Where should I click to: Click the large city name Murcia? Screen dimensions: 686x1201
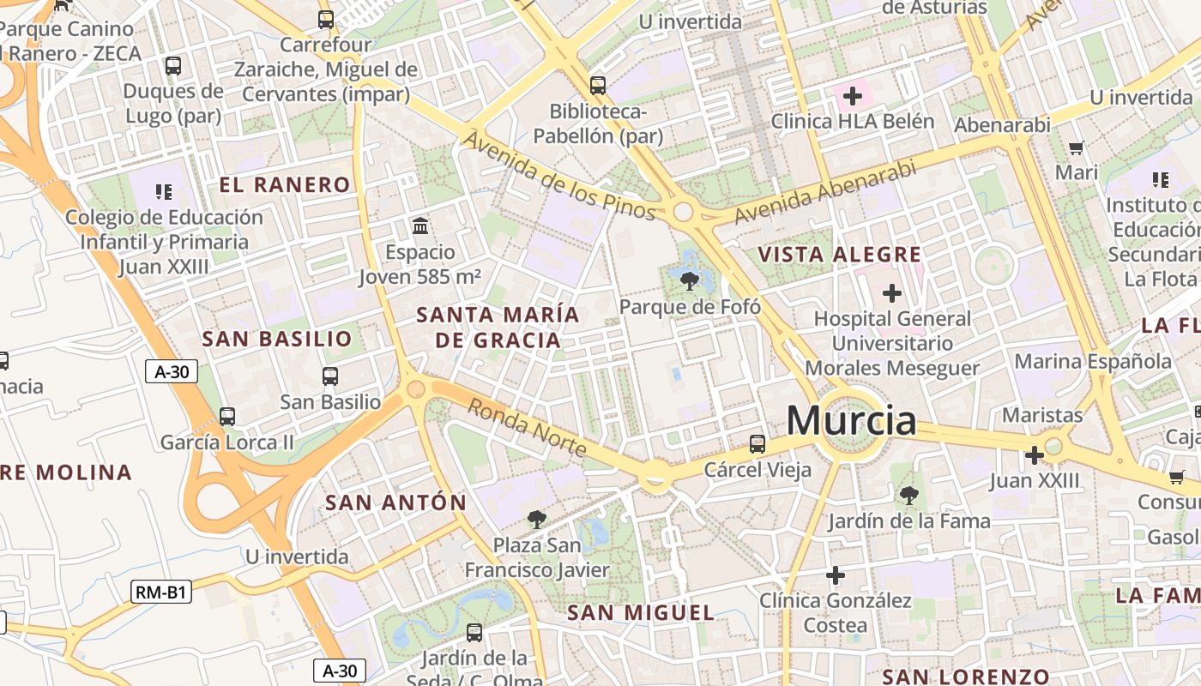click(851, 420)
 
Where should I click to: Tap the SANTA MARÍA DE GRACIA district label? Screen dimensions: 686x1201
click(498, 327)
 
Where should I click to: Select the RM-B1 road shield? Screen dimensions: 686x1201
click(161, 592)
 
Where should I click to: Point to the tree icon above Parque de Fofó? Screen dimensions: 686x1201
click(689, 280)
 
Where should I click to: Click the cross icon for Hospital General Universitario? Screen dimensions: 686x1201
click(892, 293)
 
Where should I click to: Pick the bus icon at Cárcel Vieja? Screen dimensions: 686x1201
click(757, 443)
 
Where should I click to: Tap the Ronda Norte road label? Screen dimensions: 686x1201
click(527, 428)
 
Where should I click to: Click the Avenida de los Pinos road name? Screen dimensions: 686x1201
click(559, 175)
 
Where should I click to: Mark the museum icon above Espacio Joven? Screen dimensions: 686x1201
click(420, 226)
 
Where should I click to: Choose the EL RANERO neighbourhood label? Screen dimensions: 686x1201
click(285, 184)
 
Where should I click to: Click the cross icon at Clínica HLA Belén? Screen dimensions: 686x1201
click(852, 96)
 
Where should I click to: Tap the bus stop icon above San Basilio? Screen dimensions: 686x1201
click(330, 376)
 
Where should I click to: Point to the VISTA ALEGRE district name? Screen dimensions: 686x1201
click(840, 255)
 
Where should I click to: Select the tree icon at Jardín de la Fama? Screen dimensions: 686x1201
click(908, 495)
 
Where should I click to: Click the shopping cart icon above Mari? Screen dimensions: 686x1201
click(1076, 147)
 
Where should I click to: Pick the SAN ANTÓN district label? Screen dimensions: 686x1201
click(395, 502)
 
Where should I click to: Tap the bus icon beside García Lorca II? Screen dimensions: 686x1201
click(227, 417)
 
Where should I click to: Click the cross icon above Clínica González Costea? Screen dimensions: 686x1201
click(836, 575)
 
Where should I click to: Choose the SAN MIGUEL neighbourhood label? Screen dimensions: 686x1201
click(641, 612)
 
